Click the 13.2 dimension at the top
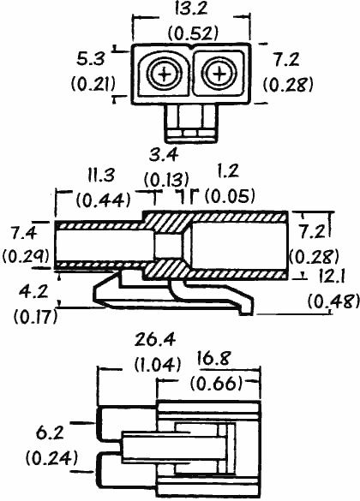click(191, 8)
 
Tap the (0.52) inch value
click(194, 33)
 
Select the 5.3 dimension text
click(91, 59)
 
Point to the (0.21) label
click(93, 84)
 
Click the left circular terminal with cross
click(165, 75)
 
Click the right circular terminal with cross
click(219, 74)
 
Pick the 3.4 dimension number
click(164, 155)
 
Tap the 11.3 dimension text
click(101, 175)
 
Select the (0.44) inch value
click(104, 200)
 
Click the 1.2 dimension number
click(228, 171)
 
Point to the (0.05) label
click(231, 195)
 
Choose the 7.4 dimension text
click(24, 233)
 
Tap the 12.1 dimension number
click(330, 277)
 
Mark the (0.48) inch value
click(333, 301)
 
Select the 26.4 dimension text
click(155, 340)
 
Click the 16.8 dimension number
click(213, 358)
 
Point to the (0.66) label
click(216, 383)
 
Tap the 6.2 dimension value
click(50, 433)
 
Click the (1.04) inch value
click(158, 364)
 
